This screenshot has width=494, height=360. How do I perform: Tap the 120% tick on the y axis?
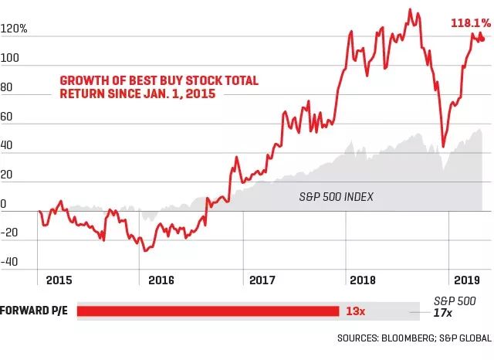click(x=15, y=29)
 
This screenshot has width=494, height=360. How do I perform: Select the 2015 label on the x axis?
click(x=58, y=279)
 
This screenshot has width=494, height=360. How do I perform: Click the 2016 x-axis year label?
click(x=161, y=279)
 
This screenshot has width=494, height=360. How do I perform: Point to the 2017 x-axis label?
click(x=264, y=279)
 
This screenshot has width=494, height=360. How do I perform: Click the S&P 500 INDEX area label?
click(x=336, y=197)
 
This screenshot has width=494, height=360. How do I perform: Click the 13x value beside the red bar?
click(x=355, y=311)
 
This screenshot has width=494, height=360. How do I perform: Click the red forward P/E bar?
click(x=208, y=311)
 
